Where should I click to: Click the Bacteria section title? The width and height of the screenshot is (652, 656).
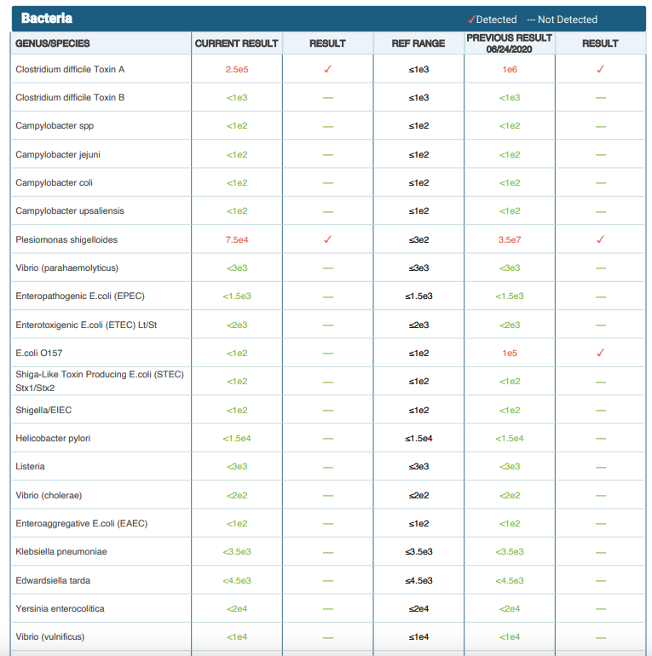pyautogui.click(x=47, y=19)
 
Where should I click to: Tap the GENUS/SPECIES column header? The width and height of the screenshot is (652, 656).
pyautogui.click(x=53, y=43)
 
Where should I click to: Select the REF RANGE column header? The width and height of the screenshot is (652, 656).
pyautogui.click(x=418, y=43)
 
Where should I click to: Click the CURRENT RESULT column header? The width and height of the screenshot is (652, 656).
pyautogui.click(x=236, y=43)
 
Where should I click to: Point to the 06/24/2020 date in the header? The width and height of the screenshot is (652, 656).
pyautogui.click(x=510, y=49)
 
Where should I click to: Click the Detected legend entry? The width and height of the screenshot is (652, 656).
pyautogui.click(x=493, y=20)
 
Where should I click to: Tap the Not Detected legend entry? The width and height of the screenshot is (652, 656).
pyautogui.click(x=563, y=20)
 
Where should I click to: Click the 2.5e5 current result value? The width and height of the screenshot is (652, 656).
pyautogui.click(x=237, y=69)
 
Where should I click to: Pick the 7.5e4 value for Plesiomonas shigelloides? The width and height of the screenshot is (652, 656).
pyautogui.click(x=237, y=239)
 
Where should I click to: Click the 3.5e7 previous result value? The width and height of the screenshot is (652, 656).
pyautogui.click(x=510, y=239)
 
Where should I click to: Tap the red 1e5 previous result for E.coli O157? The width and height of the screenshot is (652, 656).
pyautogui.click(x=510, y=353)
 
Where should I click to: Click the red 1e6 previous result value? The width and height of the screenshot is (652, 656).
pyautogui.click(x=510, y=69)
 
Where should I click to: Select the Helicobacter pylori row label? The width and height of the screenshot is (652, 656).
pyautogui.click(x=53, y=438)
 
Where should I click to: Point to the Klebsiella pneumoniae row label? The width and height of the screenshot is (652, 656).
pyautogui.click(x=61, y=551)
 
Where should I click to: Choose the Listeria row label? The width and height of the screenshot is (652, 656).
pyautogui.click(x=31, y=466)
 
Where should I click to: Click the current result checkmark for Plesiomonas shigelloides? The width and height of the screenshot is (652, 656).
pyautogui.click(x=327, y=239)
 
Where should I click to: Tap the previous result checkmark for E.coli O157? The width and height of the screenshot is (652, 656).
pyautogui.click(x=600, y=353)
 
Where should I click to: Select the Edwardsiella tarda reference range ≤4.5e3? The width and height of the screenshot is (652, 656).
pyautogui.click(x=418, y=580)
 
